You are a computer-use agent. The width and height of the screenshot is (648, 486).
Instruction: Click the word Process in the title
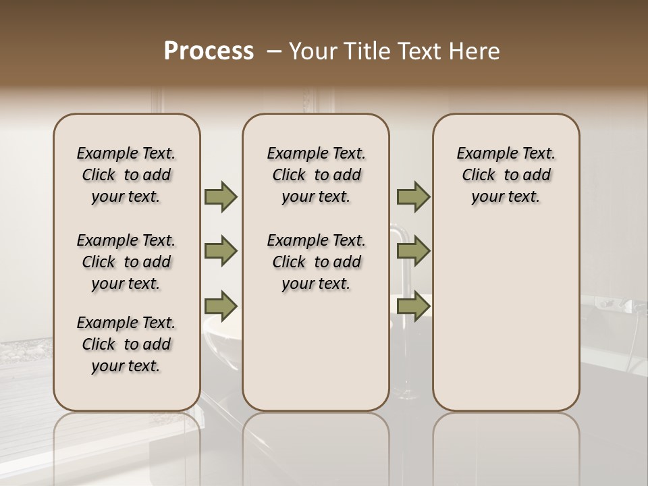[x=209, y=51]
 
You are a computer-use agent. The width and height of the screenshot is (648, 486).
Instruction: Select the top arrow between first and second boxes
[x=221, y=197]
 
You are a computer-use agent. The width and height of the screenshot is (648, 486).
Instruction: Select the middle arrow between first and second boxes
[x=221, y=252]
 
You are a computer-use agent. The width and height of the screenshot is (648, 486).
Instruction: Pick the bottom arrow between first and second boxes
[x=221, y=306]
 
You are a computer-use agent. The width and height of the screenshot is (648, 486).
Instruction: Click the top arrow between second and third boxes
[x=413, y=197]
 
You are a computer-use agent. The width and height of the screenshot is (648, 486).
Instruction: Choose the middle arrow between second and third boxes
[x=413, y=252]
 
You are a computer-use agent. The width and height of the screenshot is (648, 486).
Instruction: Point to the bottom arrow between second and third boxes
[x=413, y=306]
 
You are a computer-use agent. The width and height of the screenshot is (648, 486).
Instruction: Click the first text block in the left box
[x=126, y=175]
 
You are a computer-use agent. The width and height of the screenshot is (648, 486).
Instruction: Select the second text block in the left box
[x=126, y=262]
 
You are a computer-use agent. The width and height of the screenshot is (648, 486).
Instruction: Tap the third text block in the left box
[x=126, y=344]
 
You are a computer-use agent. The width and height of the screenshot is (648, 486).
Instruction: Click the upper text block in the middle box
[x=316, y=175]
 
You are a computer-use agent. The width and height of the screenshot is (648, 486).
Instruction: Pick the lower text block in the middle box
[x=316, y=262]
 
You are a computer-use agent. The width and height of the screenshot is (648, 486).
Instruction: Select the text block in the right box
[x=506, y=175]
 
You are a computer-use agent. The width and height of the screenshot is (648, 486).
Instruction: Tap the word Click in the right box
[x=479, y=175]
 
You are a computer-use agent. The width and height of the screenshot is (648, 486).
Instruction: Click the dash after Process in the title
[x=273, y=51]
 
